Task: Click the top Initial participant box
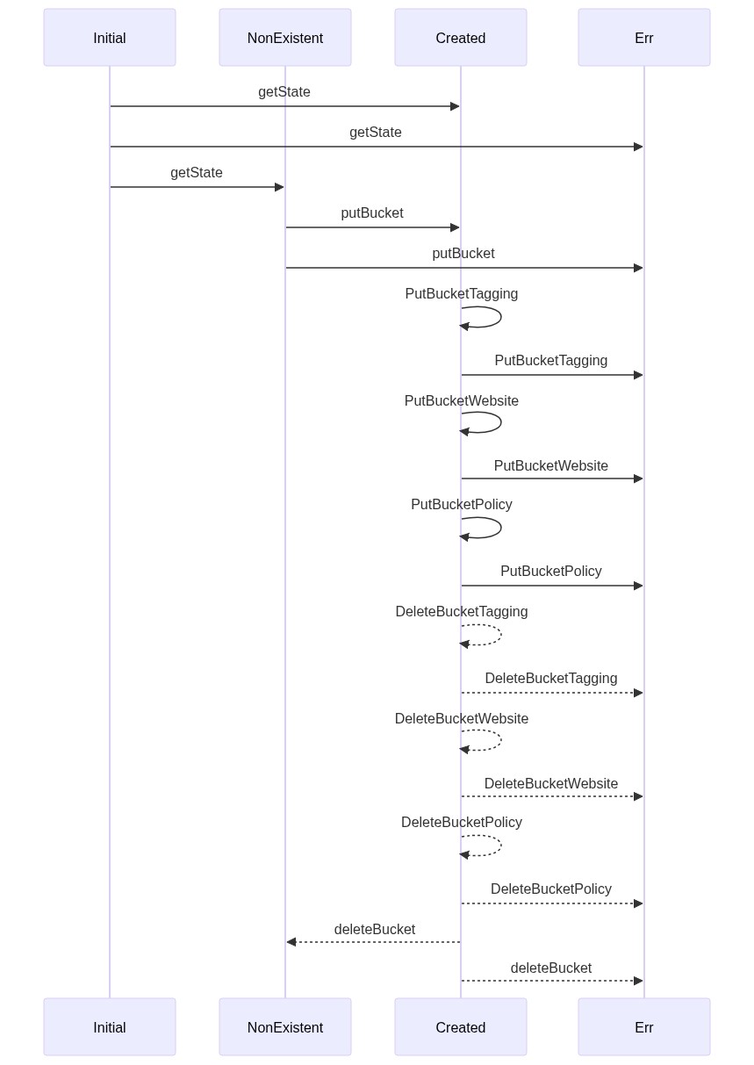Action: point(110,37)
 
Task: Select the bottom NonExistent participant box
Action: point(284,1026)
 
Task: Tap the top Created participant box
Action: point(460,37)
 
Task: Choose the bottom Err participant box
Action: point(643,1026)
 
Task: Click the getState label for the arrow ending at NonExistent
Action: point(197,172)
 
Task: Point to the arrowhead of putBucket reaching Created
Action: point(455,227)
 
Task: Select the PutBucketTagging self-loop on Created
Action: point(500,317)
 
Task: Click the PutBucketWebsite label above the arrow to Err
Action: point(550,465)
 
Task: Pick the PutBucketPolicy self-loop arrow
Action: point(500,528)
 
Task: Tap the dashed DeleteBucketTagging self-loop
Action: point(500,635)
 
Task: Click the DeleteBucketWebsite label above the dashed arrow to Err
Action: point(550,783)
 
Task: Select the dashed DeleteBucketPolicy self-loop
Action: point(500,846)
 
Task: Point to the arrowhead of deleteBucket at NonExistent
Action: point(291,941)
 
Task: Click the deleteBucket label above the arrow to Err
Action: point(550,968)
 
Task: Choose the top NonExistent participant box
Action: point(284,37)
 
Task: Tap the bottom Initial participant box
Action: point(110,1026)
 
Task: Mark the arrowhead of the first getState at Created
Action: point(455,106)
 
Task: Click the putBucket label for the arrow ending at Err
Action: point(463,253)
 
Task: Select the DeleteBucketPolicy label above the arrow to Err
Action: point(550,889)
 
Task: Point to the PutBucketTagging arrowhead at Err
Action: point(638,375)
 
